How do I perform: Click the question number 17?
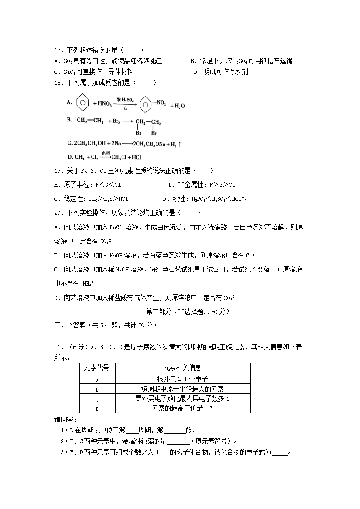pyautogui.click(x=58, y=50)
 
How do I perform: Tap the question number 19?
pyautogui.click(x=58, y=170)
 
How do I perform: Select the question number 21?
pyautogui.click(x=58, y=347)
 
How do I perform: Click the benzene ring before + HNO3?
pyautogui.click(x=82, y=102)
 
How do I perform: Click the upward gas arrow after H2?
pyautogui.click(x=180, y=144)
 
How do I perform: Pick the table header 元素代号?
pyautogui.click(x=97, y=368)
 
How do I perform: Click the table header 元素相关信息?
pyautogui.click(x=182, y=368)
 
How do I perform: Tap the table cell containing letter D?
pyautogui.click(x=97, y=409)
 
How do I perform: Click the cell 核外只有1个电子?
pyautogui.click(x=182, y=379)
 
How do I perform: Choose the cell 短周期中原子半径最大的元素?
pyautogui.click(x=182, y=389)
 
